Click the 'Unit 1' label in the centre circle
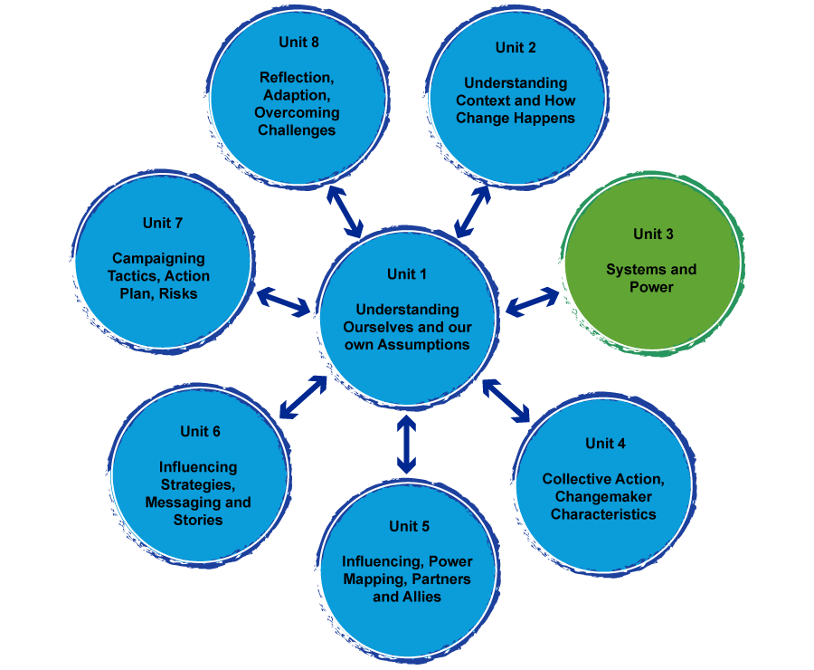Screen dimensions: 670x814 click(407, 274)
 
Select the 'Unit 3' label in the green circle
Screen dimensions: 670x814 click(653, 234)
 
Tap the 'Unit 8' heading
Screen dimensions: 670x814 click(299, 42)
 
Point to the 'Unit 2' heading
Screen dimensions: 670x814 click(516, 47)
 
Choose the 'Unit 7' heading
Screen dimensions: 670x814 click(163, 223)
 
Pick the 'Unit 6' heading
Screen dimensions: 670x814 click(200, 431)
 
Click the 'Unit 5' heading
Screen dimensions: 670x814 click(409, 526)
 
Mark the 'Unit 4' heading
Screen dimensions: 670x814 click(605, 443)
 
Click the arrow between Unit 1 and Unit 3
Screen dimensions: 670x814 click(532, 302)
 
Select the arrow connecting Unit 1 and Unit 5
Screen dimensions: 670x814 click(406, 445)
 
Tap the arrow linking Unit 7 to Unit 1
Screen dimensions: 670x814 click(284, 302)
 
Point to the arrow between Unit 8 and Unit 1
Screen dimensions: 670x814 click(345, 211)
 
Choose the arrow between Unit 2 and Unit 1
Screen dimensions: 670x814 click(473, 211)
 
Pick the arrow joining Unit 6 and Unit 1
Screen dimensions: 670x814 click(303, 397)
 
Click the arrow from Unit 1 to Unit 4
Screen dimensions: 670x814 click(506, 400)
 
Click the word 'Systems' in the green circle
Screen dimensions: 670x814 click(631, 269)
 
